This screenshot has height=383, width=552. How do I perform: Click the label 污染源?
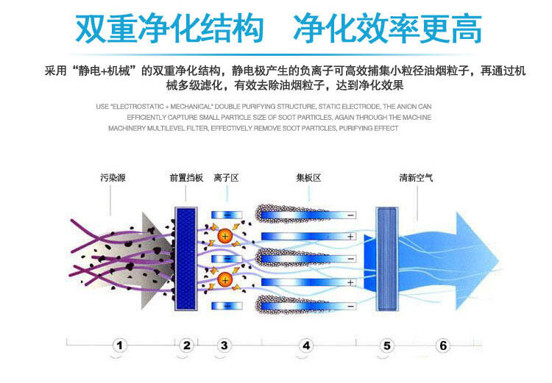[x=113, y=178]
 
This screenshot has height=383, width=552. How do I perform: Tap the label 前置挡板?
[x=186, y=178]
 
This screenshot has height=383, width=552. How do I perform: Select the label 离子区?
[x=226, y=178]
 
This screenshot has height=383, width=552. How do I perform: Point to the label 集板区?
[x=308, y=178]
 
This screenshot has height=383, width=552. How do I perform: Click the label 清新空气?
[x=416, y=178]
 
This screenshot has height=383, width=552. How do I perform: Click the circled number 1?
[x=120, y=346]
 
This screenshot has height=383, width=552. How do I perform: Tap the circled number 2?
[x=187, y=346]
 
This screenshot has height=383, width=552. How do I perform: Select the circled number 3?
[x=224, y=346]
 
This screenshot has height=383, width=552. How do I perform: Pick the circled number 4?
[x=306, y=346]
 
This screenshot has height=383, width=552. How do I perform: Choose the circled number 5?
[x=387, y=346]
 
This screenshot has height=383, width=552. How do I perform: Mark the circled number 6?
[x=443, y=346]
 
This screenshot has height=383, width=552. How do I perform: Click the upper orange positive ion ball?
[x=225, y=236]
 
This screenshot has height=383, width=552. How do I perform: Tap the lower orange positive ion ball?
[x=225, y=280]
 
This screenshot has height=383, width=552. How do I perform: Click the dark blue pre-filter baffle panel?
[x=186, y=259]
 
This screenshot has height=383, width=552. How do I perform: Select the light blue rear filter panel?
[x=387, y=259]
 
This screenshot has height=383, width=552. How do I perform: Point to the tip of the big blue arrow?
[x=499, y=261]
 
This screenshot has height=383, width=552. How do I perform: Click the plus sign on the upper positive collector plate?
[x=350, y=237]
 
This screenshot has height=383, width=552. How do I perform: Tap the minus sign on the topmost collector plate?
[x=350, y=215]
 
